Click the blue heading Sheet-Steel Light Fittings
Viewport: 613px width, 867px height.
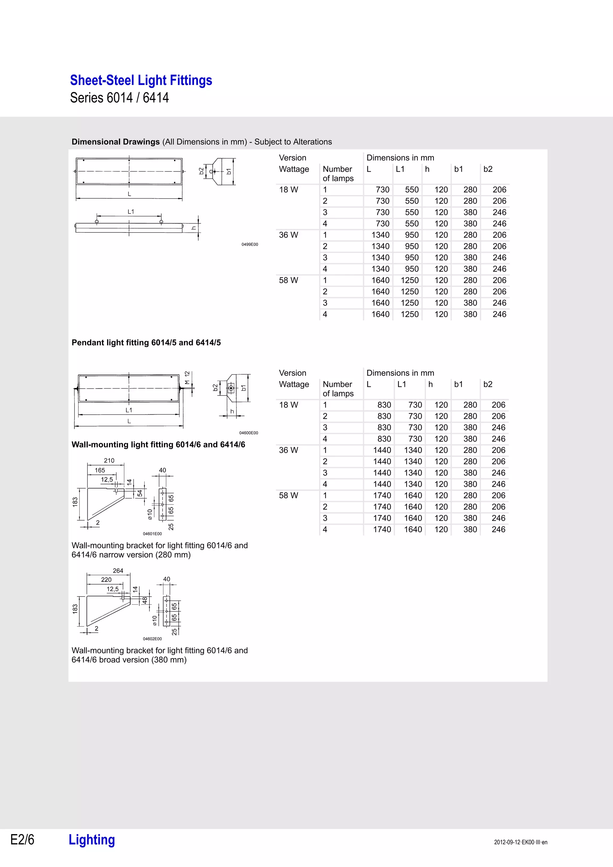click(141, 80)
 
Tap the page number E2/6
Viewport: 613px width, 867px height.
click(22, 839)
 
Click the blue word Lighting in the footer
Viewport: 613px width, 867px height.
click(92, 839)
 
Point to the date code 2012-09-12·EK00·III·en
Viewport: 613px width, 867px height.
click(521, 842)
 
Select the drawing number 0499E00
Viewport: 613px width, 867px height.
click(250, 244)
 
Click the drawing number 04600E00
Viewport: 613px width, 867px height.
click(248, 433)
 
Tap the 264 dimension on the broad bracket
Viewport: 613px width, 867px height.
click(118, 571)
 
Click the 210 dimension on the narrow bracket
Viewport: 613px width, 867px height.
click(109, 460)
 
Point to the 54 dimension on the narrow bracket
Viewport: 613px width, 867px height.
click(140, 493)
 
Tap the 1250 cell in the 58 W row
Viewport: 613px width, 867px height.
click(409, 280)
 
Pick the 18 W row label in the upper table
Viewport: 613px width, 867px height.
click(289, 190)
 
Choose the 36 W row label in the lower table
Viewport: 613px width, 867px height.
click(289, 450)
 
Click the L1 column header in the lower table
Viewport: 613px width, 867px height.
click(401, 384)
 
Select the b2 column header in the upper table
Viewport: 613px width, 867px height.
click(488, 169)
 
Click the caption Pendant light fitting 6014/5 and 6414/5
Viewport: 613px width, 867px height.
click(146, 343)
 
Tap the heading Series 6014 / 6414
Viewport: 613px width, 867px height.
click(119, 98)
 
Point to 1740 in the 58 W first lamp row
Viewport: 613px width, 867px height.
click(382, 495)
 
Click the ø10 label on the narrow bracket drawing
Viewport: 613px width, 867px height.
click(150, 514)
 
